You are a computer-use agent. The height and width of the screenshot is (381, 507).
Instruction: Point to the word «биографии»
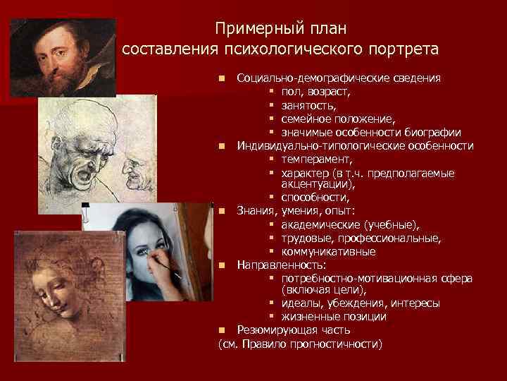tap(432, 132)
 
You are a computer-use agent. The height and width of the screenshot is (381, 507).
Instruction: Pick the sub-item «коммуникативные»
tap(328, 252)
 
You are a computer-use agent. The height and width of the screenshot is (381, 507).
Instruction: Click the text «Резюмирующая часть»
tap(294, 330)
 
